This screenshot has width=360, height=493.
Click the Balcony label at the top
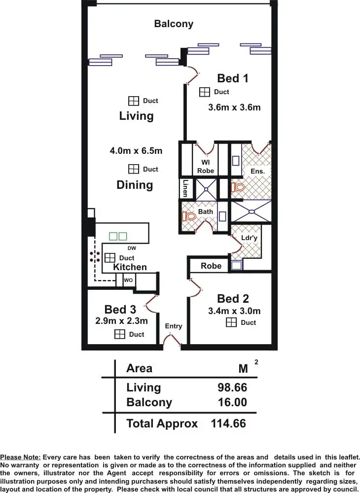click(x=174, y=24)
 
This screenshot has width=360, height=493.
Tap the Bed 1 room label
click(x=232, y=78)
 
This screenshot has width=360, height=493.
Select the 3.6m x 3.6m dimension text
click(x=234, y=107)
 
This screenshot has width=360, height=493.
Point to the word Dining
click(x=135, y=185)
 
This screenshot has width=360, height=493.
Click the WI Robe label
click(x=206, y=167)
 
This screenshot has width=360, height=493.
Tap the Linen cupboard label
click(x=185, y=188)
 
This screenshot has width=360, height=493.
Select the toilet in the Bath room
click(x=189, y=216)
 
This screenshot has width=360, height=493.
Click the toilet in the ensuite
click(x=239, y=187)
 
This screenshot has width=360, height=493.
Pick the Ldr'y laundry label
click(x=250, y=238)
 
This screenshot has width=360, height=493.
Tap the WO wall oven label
click(x=128, y=280)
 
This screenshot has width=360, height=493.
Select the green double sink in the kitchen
click(x=118, y=236)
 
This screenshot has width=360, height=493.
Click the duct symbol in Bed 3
click(x=119, y=334)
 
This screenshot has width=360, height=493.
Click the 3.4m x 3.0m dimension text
click(x=234, y=311)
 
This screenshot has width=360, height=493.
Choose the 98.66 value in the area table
click(x=232, y=387)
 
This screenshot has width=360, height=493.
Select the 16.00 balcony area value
click(x=232, y=402)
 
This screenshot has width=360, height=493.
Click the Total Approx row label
click(x=162, y=423)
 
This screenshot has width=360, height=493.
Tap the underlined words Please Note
click(x=21, y=458)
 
